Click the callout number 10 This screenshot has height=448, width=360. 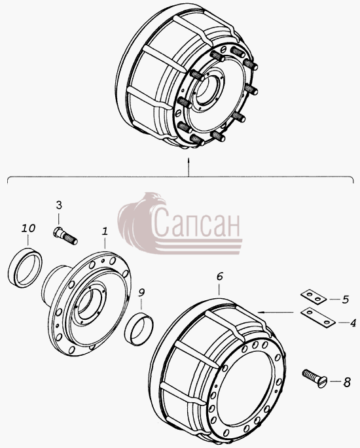28,228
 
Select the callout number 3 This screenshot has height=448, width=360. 59,205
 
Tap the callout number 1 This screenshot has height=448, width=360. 105,231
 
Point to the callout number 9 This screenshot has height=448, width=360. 141,292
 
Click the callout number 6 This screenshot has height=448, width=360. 219,276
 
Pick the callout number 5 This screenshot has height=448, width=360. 346,300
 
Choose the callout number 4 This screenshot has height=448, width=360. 353,323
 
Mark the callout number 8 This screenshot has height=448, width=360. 347,383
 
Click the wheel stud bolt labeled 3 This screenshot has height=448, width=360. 65,235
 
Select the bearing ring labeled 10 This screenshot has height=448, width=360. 25,267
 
